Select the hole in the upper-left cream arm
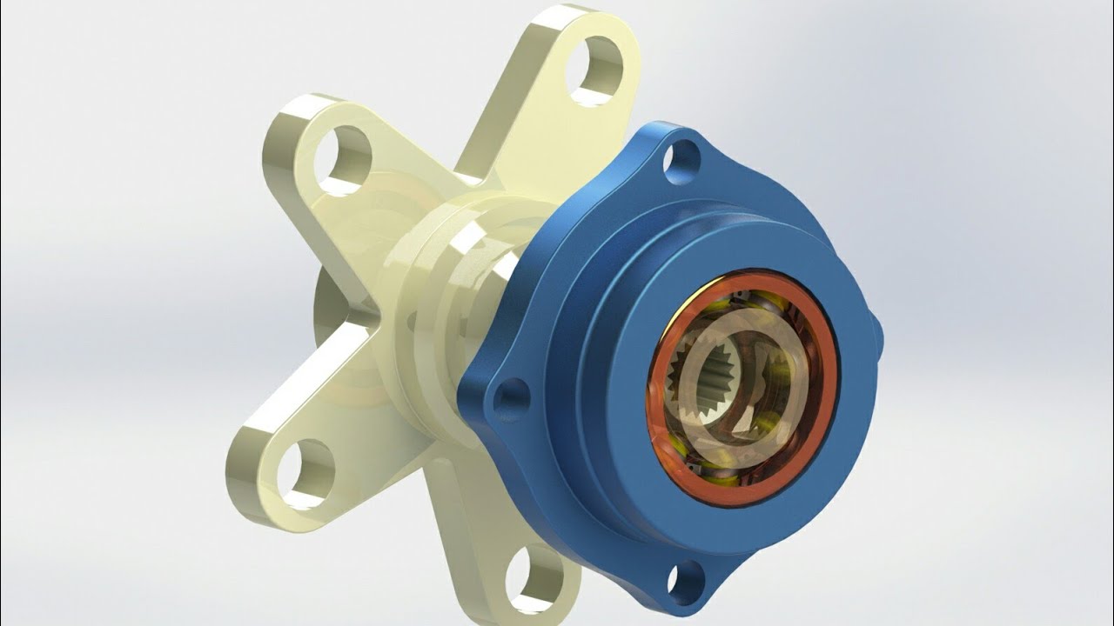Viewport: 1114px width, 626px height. (x=343, y=160)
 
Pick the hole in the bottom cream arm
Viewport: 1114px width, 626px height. (x=534, y=578)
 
